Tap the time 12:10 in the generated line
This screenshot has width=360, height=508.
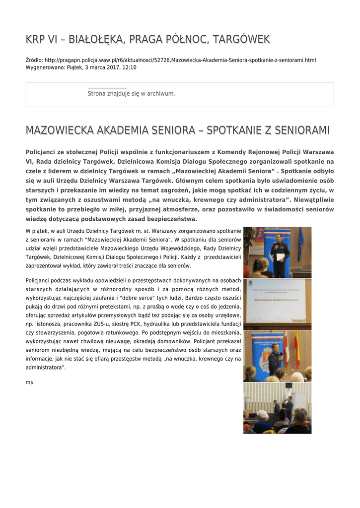(x=129, y=67)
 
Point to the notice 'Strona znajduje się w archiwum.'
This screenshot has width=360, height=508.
(x=131, y=93)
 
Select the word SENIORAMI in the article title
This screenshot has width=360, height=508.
(x=299, y=130)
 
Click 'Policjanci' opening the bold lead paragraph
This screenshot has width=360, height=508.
(x=41, y=152)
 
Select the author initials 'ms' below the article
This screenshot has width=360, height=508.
(x=29, y=382)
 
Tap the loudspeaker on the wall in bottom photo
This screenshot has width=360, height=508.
(x=288, y=385)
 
